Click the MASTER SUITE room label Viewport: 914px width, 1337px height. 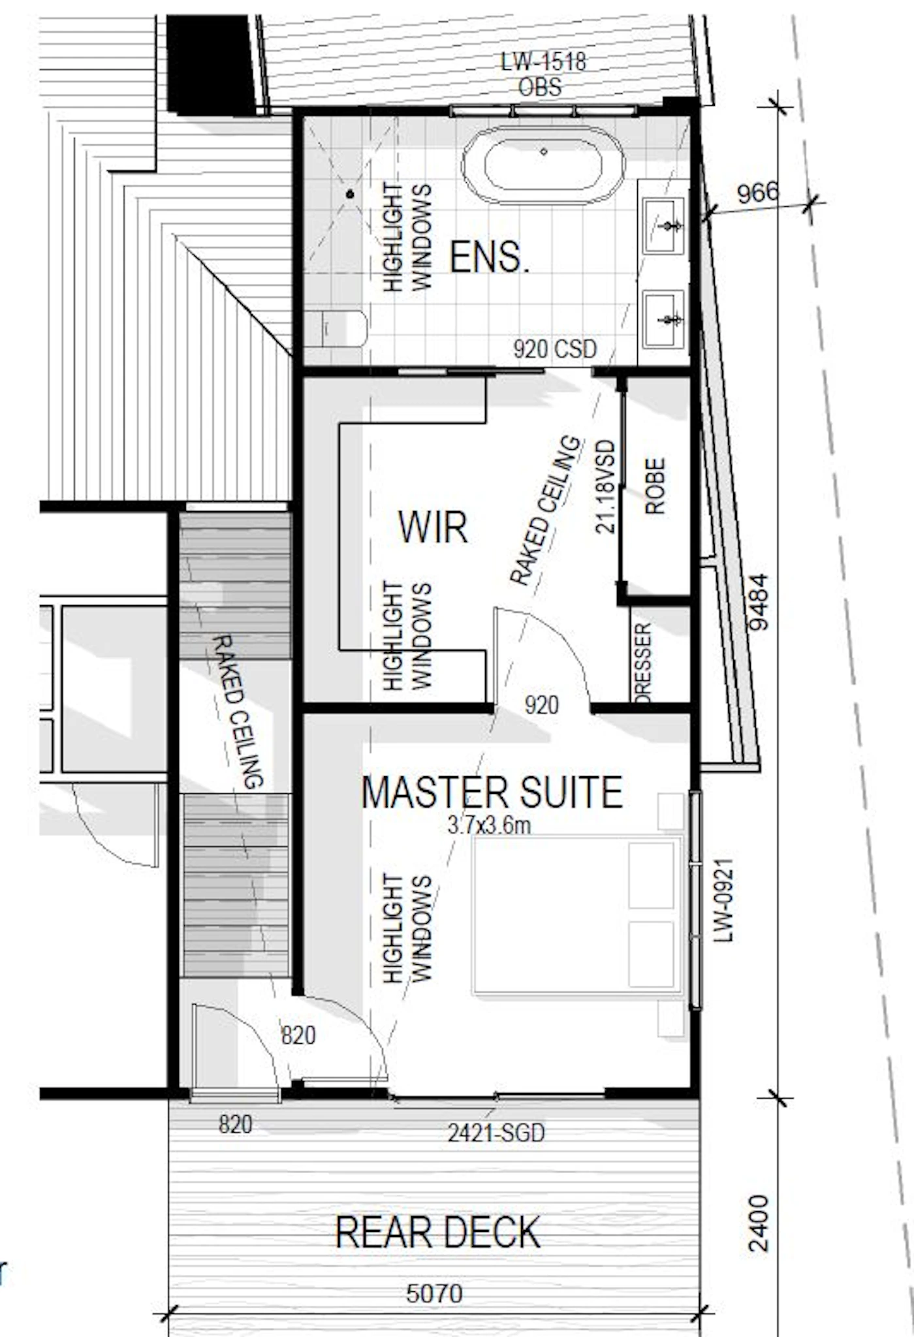pyautogui.click(x=492, y=792)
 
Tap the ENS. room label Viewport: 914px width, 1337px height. pyautogui.click(x=490, y=257)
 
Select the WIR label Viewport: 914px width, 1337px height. pyautogui.click(x=433, y=527)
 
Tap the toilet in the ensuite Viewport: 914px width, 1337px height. pyautogui.click(x=336, y=329)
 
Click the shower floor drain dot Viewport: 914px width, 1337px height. pyautogui.click(x=350, y=194)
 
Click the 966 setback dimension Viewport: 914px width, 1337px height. pyautogui.click(x=758, y=193)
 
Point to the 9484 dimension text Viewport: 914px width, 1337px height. pyautogui.click(x=758, y=602)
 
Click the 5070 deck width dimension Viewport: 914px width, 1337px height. pyautogui.click(x=434, y=1293)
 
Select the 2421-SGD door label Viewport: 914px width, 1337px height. pyautogui.click(x=496, y=1133)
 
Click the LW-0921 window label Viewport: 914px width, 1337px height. pyautogui.click(x=723, y=900)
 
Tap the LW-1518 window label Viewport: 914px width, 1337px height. pyautogui.click(x=543, y=62)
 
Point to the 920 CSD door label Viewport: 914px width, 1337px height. pyautogui.click(x=555, y=349)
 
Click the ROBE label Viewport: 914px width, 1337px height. pyautogui.click(x=655, y=486)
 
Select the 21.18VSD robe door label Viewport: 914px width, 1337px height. pyautogui.click(x=606, y=486)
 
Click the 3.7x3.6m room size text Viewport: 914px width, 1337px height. pyautogui.click(x=489, y=825)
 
